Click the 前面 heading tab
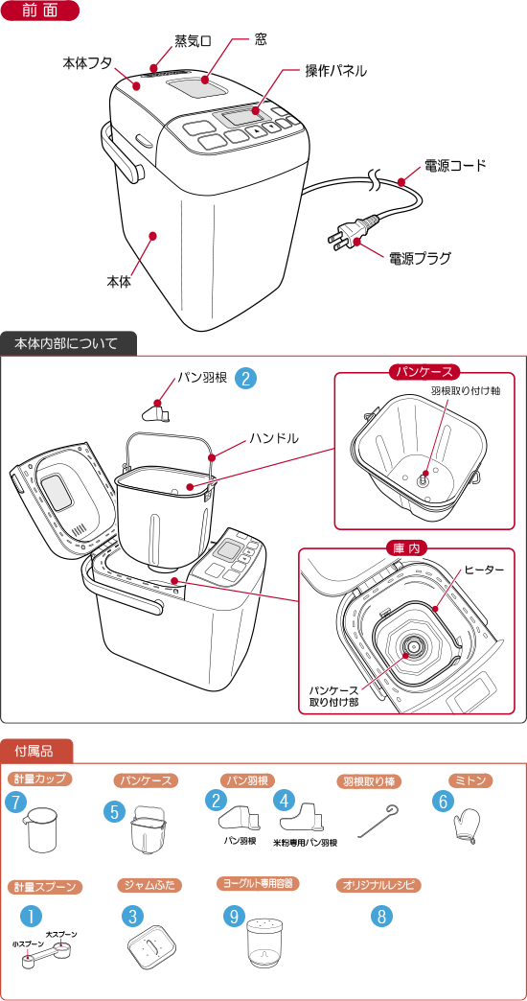coord(39,11)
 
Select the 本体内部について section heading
coord(67,343)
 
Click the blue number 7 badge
coord(15,803)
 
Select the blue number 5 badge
coord(115,812)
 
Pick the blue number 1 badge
coord(31,916)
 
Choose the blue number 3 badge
coord(132,916)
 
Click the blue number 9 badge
coord(234,916)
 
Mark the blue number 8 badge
coord(381,916)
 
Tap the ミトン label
coord(470,780)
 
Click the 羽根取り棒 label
coord(369,780)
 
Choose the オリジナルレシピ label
coord(378,885)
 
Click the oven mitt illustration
coord(467,826)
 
